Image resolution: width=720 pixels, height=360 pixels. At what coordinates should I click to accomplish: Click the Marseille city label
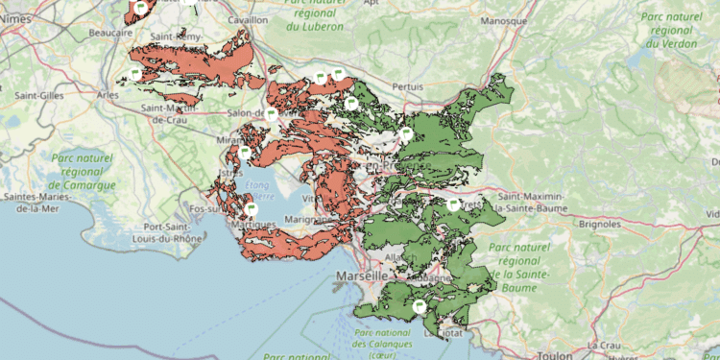(x=361, y=276)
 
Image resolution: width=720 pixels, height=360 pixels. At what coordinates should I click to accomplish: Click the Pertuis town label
(x=408, y=86)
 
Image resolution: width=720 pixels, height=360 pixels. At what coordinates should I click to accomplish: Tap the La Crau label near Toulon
(x=606, y=345)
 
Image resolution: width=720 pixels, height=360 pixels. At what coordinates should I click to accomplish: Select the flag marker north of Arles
(x=134, y=73)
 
